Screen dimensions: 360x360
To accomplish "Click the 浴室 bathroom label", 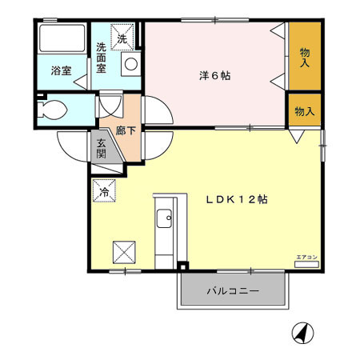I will pos(61,70).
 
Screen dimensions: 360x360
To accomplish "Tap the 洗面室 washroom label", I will pos(102,57).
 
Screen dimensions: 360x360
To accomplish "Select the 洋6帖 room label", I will pos(215,77).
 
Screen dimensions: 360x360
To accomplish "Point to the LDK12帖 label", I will pos(234,199).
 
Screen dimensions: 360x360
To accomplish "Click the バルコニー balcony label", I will pos(232,291).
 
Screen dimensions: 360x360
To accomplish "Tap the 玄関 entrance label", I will pos(102,149).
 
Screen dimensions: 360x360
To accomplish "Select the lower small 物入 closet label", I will pos(304,110).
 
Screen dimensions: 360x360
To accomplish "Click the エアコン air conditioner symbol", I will pos(306,259).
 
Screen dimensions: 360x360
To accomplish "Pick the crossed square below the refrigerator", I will pos(124,252).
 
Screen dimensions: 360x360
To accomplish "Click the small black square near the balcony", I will pos(182,266).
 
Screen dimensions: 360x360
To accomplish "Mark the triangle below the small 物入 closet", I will pos(297,137).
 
